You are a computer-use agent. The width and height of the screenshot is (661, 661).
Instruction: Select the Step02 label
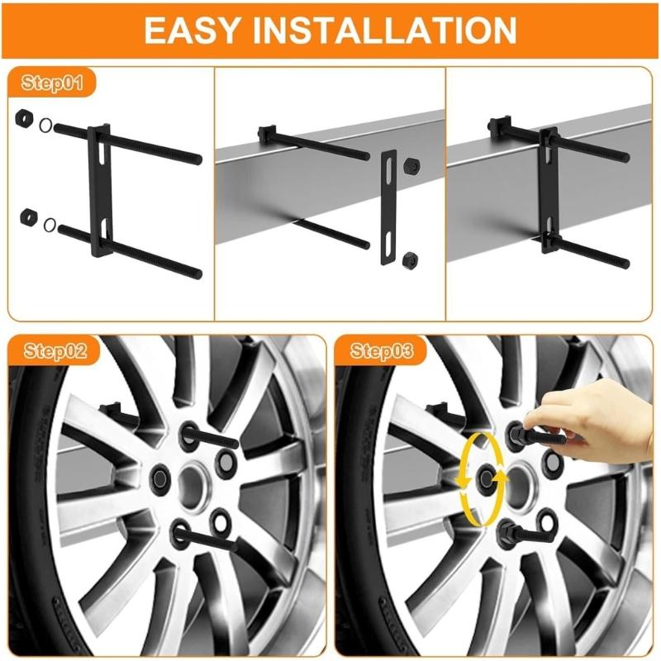point(54,350)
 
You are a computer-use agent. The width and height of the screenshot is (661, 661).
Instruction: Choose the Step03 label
point(382,350)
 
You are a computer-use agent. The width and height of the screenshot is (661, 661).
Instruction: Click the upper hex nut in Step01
point(23,118)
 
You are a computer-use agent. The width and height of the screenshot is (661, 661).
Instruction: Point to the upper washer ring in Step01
point(46,126)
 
